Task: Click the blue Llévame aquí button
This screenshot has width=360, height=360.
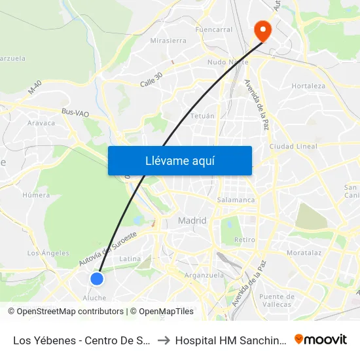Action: pyautogui.click(x=179, y=160)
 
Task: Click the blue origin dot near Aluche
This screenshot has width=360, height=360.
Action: pyautogui.click(x=97, y=279)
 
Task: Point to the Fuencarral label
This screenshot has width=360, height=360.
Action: pyautogui.click(x=213, y=29)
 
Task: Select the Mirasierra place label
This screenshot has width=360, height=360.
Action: pyautogui.click(x=168, y=41)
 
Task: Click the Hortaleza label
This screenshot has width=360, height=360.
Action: pyautogui.click(x=308, y=86)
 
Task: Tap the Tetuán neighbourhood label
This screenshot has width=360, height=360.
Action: pyautogui.click(x=202, y=116)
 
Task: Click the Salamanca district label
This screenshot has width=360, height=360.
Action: pyautogui.click(x=236, y=200)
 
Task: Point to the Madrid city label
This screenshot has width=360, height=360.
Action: pyautogui.click(x=192, y=221)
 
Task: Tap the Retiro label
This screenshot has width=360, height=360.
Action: pyautogui.click(x=245, y=240)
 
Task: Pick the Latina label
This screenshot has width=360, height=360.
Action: pyautogui.click(x=130, y=259)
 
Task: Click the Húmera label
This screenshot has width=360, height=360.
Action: pyautogui.click(x=36, y=195)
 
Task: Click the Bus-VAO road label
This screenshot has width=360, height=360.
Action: pyautogui.click(x=74, y=112)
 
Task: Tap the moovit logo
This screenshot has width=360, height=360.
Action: pyautogui.click(x=321, y=339)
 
